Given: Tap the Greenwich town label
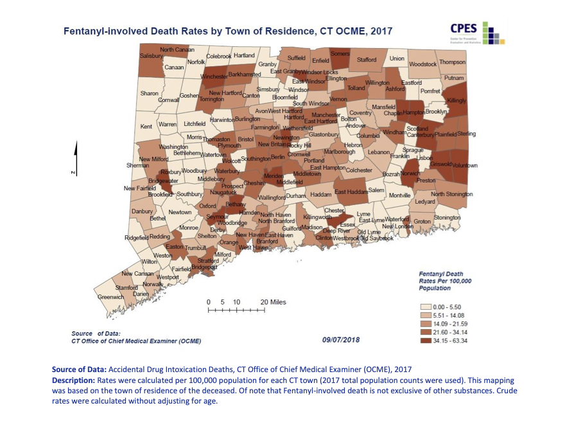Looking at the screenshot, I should point(109,298).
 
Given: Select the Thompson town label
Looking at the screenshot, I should point(453,62).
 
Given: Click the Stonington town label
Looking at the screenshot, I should point(447,218).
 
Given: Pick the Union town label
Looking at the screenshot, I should point(397,58).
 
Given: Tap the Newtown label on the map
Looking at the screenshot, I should point(180,212).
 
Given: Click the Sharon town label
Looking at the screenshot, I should point(149,93).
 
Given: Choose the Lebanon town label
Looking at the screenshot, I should point(378,152).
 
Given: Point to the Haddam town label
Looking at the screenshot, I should point(320,194).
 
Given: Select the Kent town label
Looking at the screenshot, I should point(146,126).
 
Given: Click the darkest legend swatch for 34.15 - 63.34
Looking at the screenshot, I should point(425,340).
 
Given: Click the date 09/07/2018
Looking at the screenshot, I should point(341,339).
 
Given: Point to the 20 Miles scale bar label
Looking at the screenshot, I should point(273,301).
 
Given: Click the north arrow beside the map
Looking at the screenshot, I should point(76,157).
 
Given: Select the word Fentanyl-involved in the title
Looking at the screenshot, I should point(105,30).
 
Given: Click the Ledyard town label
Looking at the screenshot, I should point(425,201).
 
